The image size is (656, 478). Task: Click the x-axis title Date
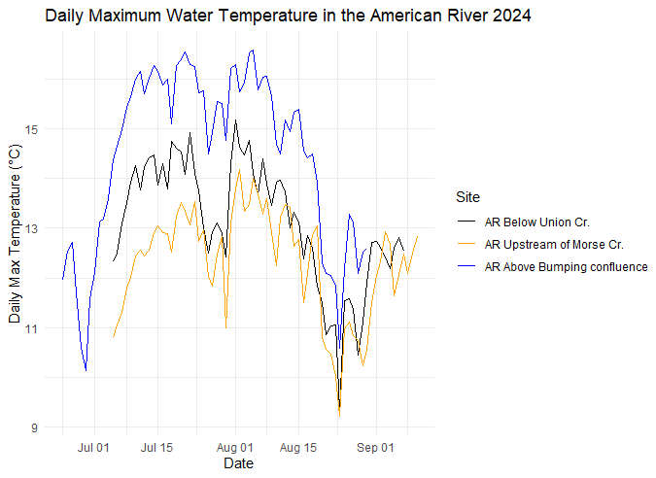coord(238,464)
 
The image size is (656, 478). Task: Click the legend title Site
coord(467,197)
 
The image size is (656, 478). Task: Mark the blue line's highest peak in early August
coord(253,51)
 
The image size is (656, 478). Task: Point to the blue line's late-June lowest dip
coord(86,370)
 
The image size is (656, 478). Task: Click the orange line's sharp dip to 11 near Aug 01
coord(225,327)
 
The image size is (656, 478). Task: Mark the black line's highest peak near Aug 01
coord(235,120)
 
